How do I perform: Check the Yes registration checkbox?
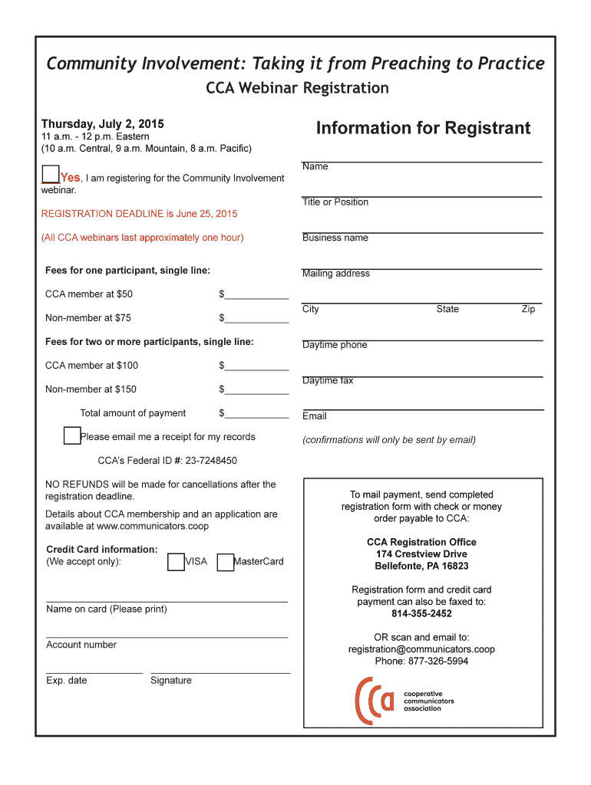click(x=51, y=174)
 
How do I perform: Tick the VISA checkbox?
click(x=176, y=563)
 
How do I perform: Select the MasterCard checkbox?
click(x=226, y=563)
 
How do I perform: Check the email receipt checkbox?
click(x=72, y=436)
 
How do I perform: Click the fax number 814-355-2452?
click(x=421, y=613)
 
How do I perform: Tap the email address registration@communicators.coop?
click(x=421, y=649)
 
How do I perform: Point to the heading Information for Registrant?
click(x=423, y=128)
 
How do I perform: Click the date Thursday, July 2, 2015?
click(x=102, y=124)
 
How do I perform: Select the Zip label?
click(x=528, y=309)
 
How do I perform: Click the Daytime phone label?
click(x=335, y=345)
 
